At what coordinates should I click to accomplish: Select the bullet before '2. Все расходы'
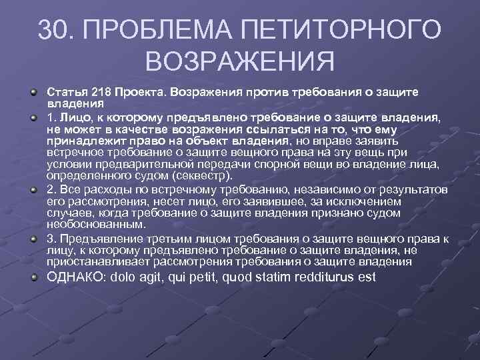[x=33, y=189]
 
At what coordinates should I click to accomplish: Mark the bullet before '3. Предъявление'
[x=33, y=238]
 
